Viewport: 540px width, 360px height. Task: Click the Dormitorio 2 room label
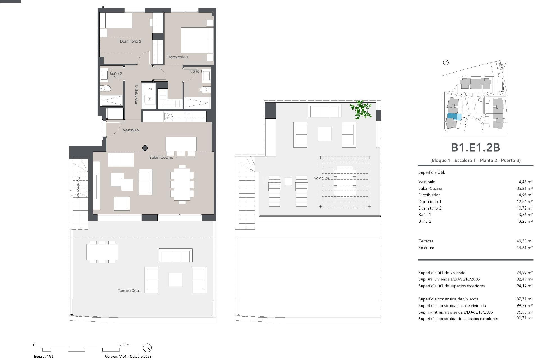pyautogui.click(x=130, y=41)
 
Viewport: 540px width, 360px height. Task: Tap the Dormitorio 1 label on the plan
pyautogui.click(x=177, y=57)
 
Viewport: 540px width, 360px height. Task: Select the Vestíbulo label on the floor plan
pyautogui.click(x=131, y=130)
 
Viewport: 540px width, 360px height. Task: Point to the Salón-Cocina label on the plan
pyautogui.click(x=161, y=157)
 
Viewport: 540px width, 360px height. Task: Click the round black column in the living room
pyautogui.click(x=145, y=148)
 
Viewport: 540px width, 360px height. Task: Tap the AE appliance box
pyautogui.click(x=150, y=89)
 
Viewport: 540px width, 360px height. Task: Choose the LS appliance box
pyautogui.click(x=150, y=99)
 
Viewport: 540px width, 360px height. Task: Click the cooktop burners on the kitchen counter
pyautogui.click(x=169, y=116)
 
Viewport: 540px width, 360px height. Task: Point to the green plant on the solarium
pyautogui.click(x=361, y=110)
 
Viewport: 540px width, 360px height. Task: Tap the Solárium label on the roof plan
pyautogui.click(x=321, y=178)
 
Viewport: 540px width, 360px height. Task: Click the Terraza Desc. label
pyautogui.click(x=129, y=291)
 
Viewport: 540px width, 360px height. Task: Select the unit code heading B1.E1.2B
pyautogui.click(x=475, y=147)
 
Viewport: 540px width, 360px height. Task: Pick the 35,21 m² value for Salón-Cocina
pyautogui.click(x=525, y=188)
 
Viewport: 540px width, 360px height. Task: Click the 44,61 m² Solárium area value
pyautogui.click(x=525, y=247)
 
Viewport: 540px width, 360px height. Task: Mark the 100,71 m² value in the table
pyautogui.click(x=523, y=318)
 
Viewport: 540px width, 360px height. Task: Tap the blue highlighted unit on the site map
pyautogui.click(x=452, y=116)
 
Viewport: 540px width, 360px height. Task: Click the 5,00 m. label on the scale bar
pyautogui.click(x=124, y=345)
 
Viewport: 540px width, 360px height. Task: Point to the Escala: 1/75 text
pyautogui.click(x=44, y=356)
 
